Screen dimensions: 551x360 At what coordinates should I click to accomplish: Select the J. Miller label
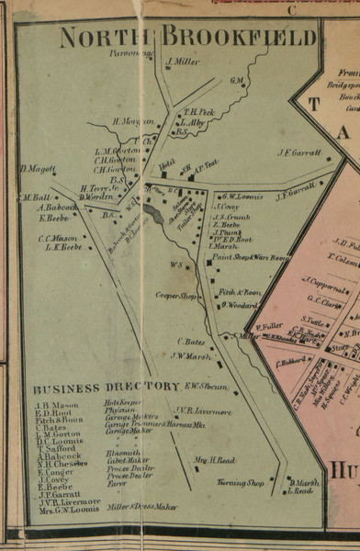pyautogui.click(x=183, y=62)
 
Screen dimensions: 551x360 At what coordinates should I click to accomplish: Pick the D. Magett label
pyautogui.click(x=38, y=168)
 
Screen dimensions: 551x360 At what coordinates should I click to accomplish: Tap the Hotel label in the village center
pyautogui.click(x=166, y=164)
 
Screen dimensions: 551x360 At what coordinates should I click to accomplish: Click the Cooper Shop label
pyautogui.click(x=176, y=296)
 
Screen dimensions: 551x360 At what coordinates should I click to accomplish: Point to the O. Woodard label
pyautogui.click(x=238, y=304)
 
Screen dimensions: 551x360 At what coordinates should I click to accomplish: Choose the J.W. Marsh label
pyautogui.click(x=191, y=356)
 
